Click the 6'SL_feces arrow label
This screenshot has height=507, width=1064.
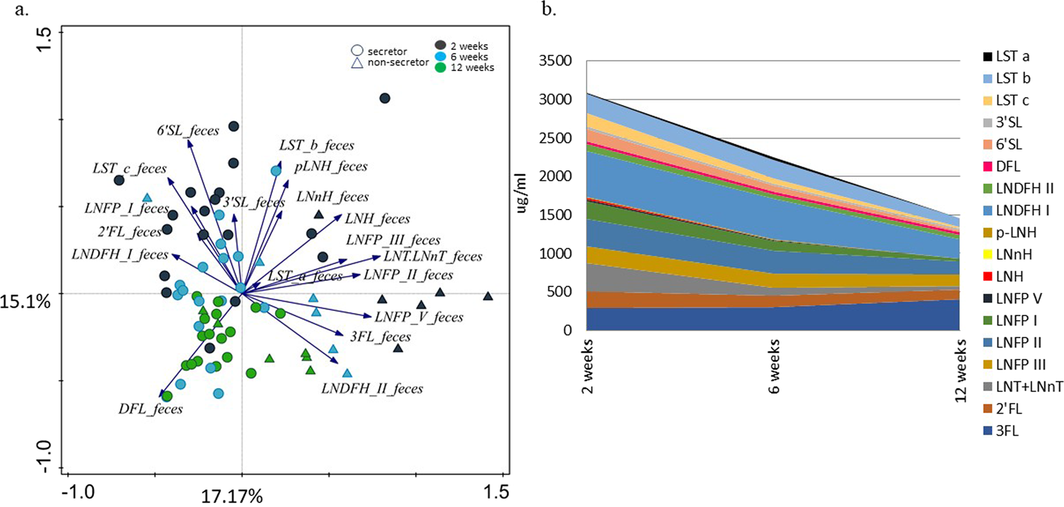pyautogui.click(x=188, y=131)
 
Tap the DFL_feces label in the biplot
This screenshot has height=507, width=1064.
pyautogui.click(x=150, y=409)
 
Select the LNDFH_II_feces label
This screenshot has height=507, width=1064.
pyautogui.click(x=372, y=389)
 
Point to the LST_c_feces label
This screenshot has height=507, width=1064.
pyautogui.click(x=129, y=169)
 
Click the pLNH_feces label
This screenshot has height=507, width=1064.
pyautogui.click(x=331, y=166)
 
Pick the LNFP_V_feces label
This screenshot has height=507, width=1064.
pyautogui.click(x=418, y=317)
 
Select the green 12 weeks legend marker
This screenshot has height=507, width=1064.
pyautogui.click(x=441, y=67)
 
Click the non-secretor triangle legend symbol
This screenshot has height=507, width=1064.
pyautogui.click(x=356, y=63)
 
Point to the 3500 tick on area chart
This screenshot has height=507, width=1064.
pyautogui.click(x=556, y=62)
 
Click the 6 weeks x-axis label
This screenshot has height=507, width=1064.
pyautogui.click(x=774, y=366)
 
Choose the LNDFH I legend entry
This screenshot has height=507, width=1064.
pyautogui.click(x=1022, y=210)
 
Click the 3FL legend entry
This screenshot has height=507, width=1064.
pyautogui.click(x=1007, y=431)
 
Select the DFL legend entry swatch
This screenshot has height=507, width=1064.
pyautogui.click(x=987, y=167)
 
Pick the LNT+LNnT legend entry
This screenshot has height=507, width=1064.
pyautogui.click(x=1028, y=387)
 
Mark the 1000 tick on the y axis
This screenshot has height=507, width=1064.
pyautogui.click(x=556, y=253)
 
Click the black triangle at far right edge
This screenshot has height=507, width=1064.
pyautogui.click(x=488, y=297)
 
